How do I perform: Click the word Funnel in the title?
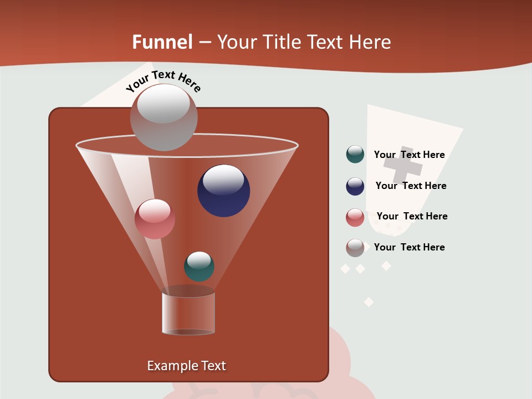[x=162, y=42]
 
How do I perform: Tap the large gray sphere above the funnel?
[x=163, y=117]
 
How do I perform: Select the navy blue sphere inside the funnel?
[x=223, y=190]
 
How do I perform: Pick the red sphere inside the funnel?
[x=155, y=219]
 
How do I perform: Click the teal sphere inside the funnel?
[x=199, y=266]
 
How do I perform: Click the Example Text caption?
[x=186, y=366]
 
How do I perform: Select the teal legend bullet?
[x=355, y=155]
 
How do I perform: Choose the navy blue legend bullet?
[x=355, y=186]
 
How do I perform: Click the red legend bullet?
[x=355, y=217]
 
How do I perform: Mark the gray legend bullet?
[x=355, y=248]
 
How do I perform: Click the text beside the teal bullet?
[x=409, y=155]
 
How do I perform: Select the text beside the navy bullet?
[x=411, y=186]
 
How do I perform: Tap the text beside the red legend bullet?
[x=412, y=216]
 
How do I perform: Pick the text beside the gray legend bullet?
[x=409, y=247]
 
